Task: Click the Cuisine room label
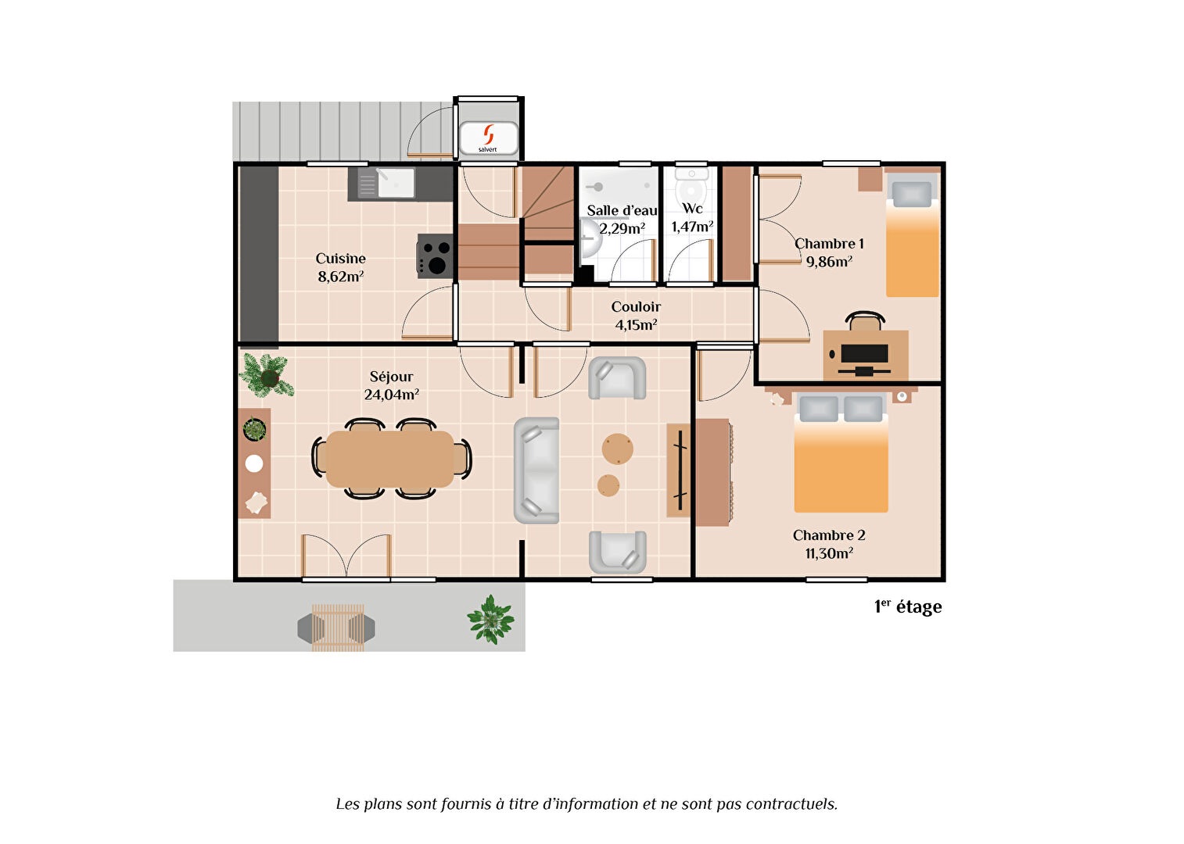(x=340, y=258)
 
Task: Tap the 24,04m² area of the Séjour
(x=391, y=395)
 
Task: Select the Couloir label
(x=636, y=307)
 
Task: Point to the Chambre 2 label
(x=829, y=535)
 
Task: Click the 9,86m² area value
(x=829, y=262)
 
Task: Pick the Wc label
(x=692, y=209)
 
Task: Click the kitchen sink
(x=386, y=183)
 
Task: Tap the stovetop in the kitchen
(x=435, y=256)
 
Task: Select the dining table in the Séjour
(x=389, y=459)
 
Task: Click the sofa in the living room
(x=536, y=470)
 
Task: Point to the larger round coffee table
(x=617, y=449)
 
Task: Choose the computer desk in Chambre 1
(x=865, y=355)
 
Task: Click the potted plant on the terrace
(x=490, y=620)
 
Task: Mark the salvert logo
(x=488, y=138)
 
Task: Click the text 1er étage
(x=908, y=607)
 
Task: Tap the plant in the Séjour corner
(x=267, y=376)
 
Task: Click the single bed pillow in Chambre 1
(x=912, y=195)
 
